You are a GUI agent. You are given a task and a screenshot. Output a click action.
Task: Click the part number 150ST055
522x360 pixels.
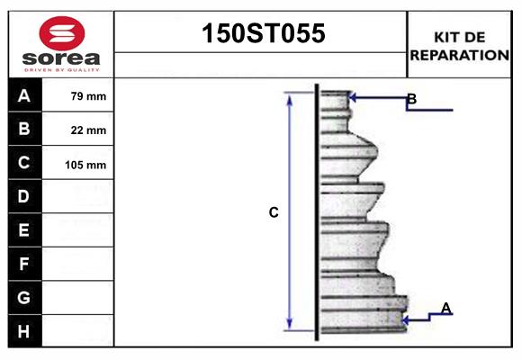[261, 34]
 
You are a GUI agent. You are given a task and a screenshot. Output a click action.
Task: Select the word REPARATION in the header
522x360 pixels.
[460, 55]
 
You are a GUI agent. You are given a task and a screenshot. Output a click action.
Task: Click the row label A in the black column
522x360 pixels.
[24, 95]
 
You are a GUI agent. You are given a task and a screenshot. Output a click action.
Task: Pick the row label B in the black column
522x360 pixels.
[24, 130]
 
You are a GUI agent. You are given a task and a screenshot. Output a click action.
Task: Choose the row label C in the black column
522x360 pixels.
[24, 163]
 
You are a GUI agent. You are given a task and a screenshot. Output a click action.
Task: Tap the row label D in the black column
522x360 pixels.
[24, 196]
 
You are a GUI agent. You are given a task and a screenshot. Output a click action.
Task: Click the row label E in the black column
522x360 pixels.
[24, 230]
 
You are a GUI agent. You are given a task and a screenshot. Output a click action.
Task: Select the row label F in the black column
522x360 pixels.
[24, 264]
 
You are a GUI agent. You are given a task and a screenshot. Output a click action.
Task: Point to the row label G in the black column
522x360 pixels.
[24, 297]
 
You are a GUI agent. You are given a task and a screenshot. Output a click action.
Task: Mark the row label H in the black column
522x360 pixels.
[24, 330]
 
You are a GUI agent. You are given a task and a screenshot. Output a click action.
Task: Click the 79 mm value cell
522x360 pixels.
[88, 96]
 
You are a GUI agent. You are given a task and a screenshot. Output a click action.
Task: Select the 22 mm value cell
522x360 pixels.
[88, 130]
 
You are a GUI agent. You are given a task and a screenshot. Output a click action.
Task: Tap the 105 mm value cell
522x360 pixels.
[86, 164]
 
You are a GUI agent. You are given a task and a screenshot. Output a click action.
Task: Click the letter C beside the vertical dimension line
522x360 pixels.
[274, 213]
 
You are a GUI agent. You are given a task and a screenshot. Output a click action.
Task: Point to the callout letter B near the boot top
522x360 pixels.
[411, 98]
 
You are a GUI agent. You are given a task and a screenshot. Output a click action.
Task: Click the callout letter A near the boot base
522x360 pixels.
[445, 309]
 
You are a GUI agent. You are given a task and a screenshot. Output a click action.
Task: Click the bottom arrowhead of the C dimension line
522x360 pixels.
[290, 325]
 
